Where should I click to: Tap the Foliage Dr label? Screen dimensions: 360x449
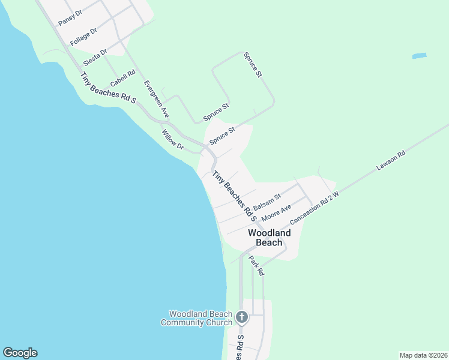[83, 37]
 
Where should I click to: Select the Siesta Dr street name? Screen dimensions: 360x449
[95, 55]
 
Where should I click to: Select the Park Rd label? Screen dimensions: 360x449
[257, 265]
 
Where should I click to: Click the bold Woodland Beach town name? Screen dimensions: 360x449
[270, 238]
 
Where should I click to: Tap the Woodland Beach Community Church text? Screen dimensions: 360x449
[196, 318]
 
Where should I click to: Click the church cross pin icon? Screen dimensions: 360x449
[242, 317]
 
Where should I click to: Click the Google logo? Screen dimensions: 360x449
[20, 353]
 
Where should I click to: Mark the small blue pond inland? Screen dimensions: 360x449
[420, 56]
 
